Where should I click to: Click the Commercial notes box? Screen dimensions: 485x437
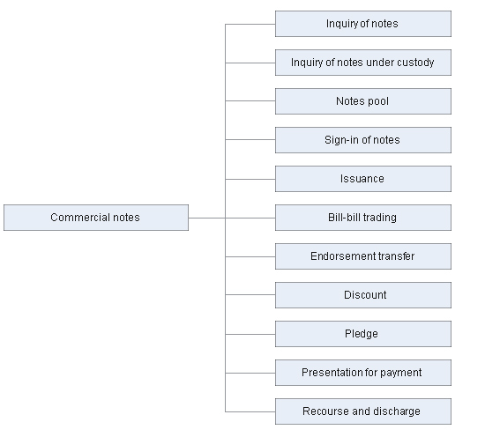[x=96, y=218]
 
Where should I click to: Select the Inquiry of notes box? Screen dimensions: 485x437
[x=363, y=24]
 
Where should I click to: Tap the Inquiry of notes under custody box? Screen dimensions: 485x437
[x=363, y=63]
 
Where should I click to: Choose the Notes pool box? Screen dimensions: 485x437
[x=363, y=101]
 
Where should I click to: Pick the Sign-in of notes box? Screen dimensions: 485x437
[x=363, y=140]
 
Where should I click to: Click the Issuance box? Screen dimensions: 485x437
[x=363, y=179]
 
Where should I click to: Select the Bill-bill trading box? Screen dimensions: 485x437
[x=363, y=218]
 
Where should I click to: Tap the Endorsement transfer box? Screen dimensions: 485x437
[x=363, y=256]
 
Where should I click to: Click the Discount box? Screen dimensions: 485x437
[x=363, y=295]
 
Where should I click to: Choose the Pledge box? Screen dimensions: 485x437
[x=363, y=334]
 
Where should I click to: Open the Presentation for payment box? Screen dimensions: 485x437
[x=363, y=373]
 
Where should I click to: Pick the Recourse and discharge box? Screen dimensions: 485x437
[x=363, y=411]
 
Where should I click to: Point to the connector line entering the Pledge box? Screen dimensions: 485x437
[x=250, y=334]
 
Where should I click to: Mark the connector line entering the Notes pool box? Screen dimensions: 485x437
[x=250, y=100]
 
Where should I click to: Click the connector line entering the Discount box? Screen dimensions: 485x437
[x=250, y=295]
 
